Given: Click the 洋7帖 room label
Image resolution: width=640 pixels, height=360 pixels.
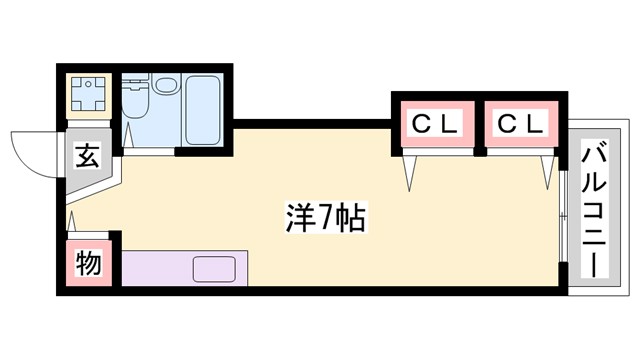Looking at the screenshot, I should (319, 215).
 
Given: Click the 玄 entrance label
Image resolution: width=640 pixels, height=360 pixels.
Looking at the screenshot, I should (88, 157).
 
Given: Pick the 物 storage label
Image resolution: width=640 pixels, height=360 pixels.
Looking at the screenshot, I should (88, 265).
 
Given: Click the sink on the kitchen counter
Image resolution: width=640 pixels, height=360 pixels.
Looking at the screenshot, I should (214, 268).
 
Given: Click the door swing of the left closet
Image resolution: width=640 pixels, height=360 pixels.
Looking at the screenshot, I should (411, 170).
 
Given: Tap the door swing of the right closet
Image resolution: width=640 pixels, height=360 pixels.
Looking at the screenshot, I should (547, 170).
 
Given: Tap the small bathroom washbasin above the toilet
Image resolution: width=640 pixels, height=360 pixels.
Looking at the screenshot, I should (135, 87).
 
